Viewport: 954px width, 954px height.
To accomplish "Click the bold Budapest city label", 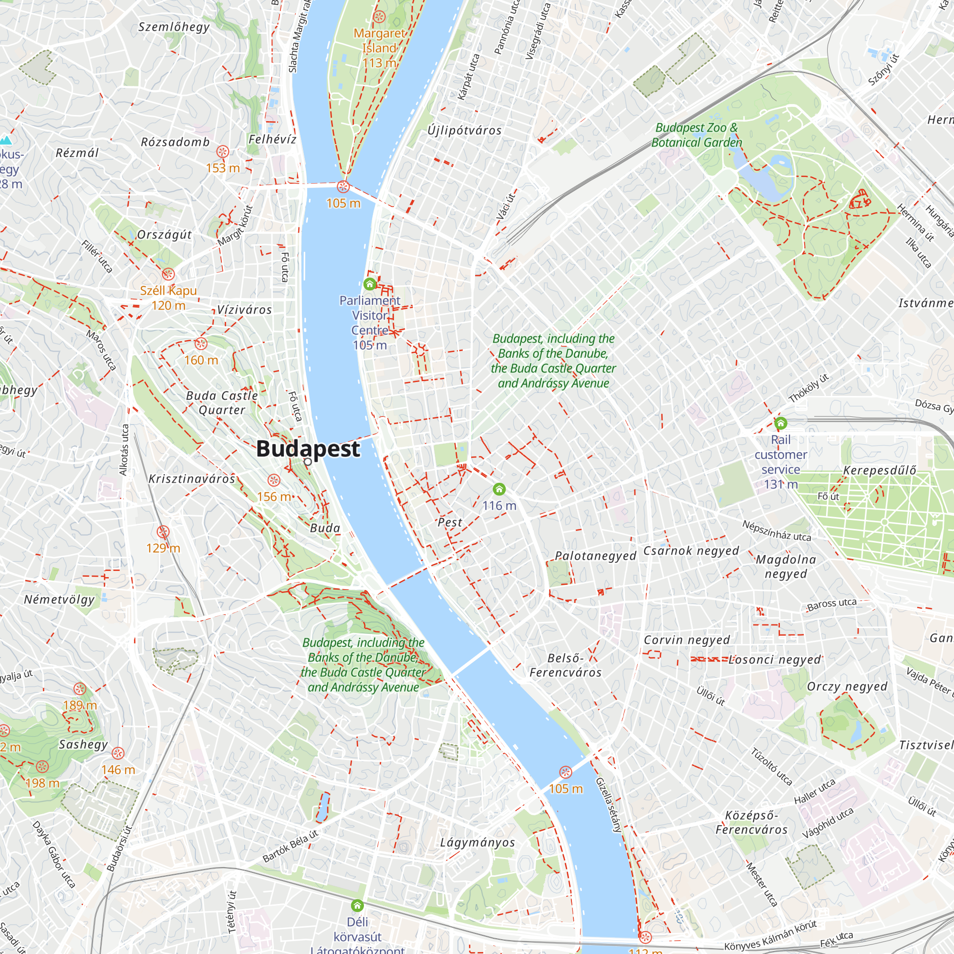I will point(308,448).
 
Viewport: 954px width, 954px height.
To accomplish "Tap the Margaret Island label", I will point(379,41).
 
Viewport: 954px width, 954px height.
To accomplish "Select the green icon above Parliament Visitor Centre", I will point(369,284).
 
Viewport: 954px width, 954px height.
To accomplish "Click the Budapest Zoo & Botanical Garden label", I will point(696,135).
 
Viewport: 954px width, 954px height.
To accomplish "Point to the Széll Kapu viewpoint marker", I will point(168,274).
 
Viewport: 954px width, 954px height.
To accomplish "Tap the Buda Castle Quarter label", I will point(222,403).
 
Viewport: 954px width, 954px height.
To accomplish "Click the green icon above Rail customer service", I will point(780,423).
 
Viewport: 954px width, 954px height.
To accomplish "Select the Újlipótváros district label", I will point(464,130).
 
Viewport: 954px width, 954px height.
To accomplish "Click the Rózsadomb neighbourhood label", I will point(175,142).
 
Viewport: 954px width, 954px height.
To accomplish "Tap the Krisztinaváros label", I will point(192,478).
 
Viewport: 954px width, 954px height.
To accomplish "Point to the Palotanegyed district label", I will point(595,556).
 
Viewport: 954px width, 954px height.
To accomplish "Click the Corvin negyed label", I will point(686,640).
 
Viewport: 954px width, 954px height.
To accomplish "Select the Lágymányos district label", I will point(477,842).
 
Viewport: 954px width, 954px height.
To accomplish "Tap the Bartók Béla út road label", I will point(290,846).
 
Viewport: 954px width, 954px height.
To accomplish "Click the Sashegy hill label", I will point(83,744).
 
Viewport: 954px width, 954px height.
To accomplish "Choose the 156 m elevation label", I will point(273,496).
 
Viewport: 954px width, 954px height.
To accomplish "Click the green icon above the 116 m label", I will point(499,489).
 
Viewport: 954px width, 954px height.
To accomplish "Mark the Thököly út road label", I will point(809,388).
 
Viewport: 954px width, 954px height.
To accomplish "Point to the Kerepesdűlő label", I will point(880,470).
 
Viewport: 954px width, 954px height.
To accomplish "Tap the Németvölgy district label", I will point(59,600).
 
